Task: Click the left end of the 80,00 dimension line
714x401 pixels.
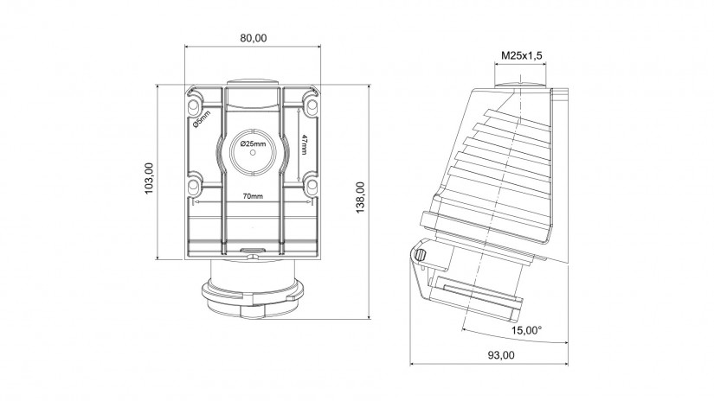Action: click(185, 46)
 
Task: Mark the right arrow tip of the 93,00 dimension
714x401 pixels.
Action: click(568, 364)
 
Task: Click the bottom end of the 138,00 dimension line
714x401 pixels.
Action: click(369, 319)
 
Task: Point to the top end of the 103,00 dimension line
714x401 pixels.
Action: click(157, 85)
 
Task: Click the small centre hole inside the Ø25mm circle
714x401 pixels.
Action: click(254, 153)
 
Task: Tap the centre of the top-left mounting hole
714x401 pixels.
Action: click(193, 106)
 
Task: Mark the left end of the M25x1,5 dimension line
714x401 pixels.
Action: click(494, 65)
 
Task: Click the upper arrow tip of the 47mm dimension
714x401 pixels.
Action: click(298, 107)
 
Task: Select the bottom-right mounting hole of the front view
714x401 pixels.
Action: click(312, 185)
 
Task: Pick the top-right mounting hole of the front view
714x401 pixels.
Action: click(312, 106)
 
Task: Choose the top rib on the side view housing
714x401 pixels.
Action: click(517, 118)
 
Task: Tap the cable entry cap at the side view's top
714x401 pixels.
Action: click(519, 84)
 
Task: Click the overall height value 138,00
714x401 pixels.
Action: click(360, 197)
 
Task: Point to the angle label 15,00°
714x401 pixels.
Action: click(527, 330)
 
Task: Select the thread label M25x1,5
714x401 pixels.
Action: click(522, 55)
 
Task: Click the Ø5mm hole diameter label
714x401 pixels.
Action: click(202, 119)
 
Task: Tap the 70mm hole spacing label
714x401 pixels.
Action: click(253, 196)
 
